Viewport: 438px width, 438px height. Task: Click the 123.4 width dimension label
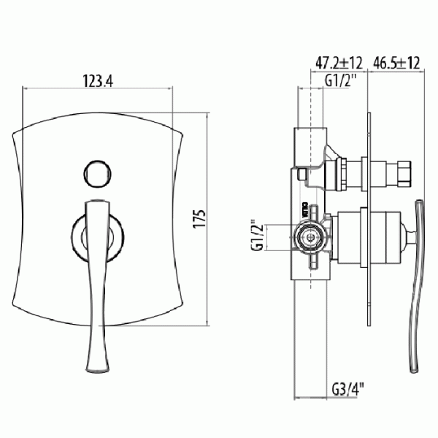(x=98, y=81)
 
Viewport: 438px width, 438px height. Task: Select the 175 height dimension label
(x=199, y=218)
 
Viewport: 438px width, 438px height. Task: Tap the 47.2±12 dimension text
(x=339, y=63)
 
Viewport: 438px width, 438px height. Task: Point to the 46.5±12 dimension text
(x=396, y=63)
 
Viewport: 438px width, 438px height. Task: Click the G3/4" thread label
(x=348, y=389)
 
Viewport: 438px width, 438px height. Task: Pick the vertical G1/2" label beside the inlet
(x=258, y=235)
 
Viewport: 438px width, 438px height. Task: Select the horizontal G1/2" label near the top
(x=341, y=81)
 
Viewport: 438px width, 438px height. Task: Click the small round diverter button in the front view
(x=98, y=174)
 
